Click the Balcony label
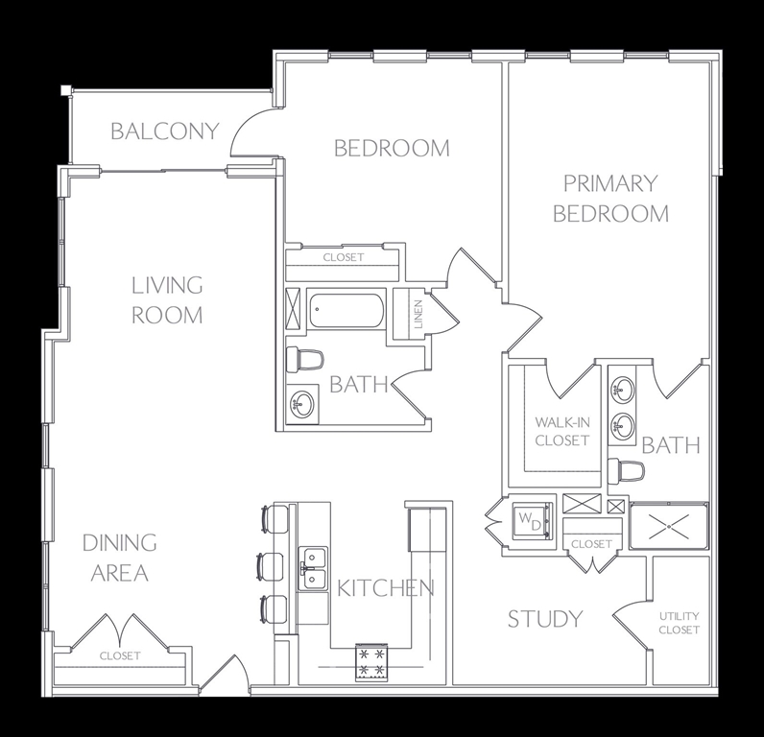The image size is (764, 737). tap(165, 131)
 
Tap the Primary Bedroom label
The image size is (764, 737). tap(611, 199)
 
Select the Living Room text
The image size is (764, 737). tap(167, 300)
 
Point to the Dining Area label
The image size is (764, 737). tap(119, 559)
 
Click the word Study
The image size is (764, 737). tap(545, 619)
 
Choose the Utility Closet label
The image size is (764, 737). tap(680, 623)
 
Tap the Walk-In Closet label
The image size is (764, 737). tap(562, 431)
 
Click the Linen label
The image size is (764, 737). tap(418, 315)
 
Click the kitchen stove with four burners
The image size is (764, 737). tap(371, 662)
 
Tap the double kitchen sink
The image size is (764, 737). tap(313, 568)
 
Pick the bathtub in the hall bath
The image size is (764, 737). tap(346, 311)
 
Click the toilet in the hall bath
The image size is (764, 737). tap(305, 360)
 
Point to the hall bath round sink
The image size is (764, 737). tap(301, 403)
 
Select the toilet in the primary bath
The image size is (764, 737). tap(626, 471)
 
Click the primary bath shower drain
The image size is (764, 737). tap(668, 527)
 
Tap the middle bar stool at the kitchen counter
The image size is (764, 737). tap(273, 566)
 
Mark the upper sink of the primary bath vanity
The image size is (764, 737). tap(623, 389)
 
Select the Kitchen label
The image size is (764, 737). tap(386, 588)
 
